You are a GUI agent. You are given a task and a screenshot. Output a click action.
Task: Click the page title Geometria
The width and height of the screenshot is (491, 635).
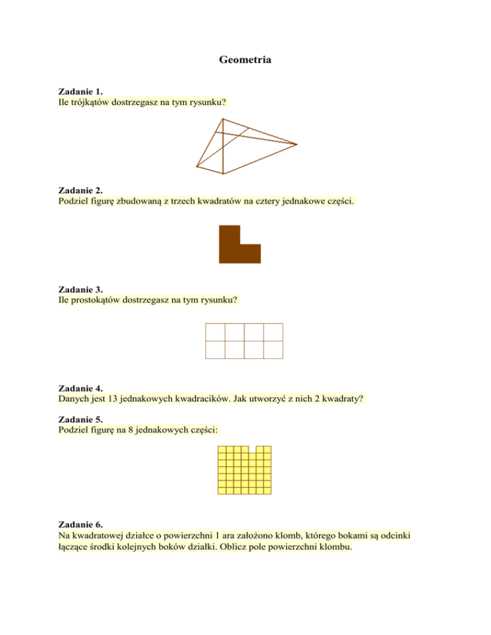click(245, 61)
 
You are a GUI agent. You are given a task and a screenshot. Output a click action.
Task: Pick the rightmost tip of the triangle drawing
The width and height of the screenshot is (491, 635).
click(297, 144)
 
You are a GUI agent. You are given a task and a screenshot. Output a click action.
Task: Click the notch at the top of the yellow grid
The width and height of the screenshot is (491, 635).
click(253, 450)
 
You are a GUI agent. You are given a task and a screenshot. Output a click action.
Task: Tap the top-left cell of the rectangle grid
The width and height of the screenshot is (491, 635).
click(215, 332)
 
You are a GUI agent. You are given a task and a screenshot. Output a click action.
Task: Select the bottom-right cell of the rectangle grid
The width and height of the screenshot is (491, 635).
click(273, 349)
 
